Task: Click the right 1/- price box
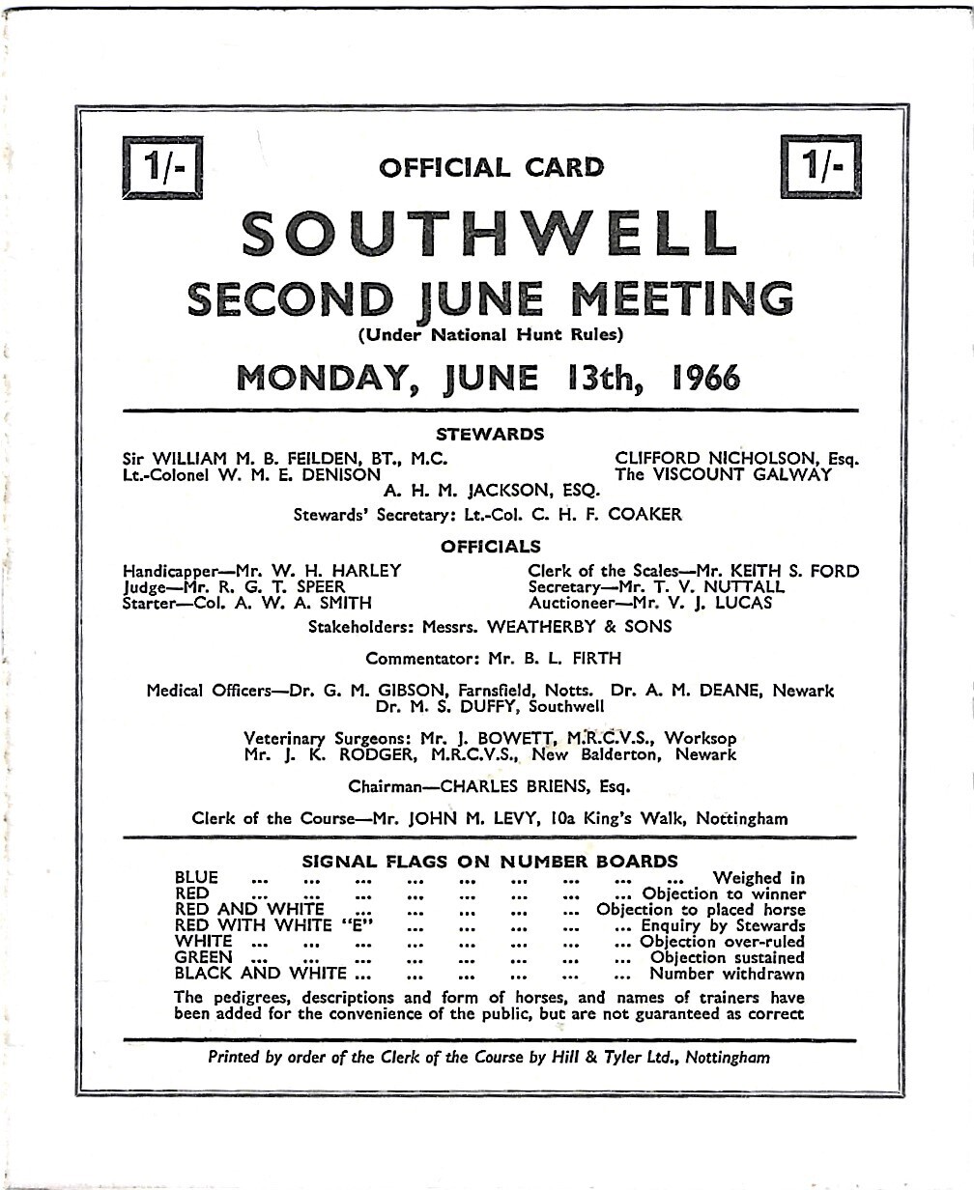(x=821, y=165)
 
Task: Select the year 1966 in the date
(x=705, y=377)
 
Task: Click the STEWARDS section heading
(x=490, y=434)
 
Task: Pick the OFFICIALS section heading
(x=491, y=547)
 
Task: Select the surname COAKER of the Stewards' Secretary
(x=645, y=515)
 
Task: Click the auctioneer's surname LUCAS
(x=717, y=603)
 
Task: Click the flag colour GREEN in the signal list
(x=203, y=957)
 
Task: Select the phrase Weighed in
(x=759, y=878)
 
